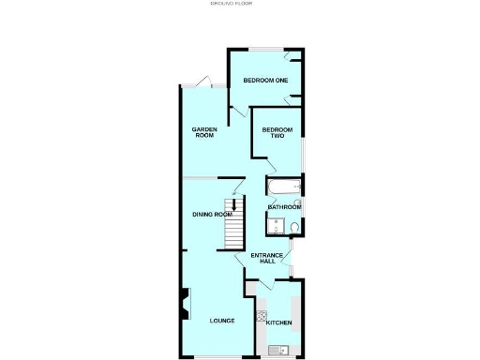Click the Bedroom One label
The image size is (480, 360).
coord(265,81)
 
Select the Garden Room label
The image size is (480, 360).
coord(204,132)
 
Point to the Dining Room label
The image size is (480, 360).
coord(211,215)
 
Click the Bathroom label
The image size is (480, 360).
coord(284,207)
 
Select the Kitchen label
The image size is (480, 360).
coord(279,323)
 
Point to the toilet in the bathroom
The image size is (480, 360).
coord(295,227)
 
